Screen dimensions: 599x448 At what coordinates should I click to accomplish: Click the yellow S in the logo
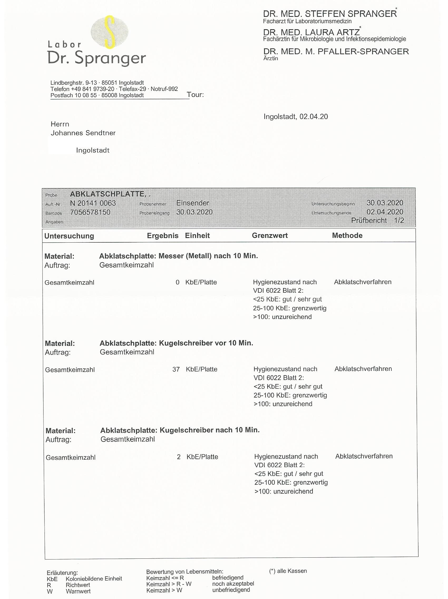tap(109, 32)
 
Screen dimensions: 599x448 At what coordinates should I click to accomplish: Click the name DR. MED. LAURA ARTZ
tap(311, 32)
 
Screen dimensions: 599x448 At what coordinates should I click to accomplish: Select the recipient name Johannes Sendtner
tap(83, 133)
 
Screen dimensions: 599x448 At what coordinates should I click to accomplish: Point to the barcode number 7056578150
tap(90, 212)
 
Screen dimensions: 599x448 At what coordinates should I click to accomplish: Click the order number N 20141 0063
tap(93, 203)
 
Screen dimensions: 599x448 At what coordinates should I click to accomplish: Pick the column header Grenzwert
tap(270, 235)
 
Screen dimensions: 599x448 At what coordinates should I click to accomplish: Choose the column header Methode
tap(347, 235)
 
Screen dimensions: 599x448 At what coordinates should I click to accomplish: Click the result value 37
tap(176, 369)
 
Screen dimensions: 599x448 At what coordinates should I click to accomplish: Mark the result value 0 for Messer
tap(177, 282)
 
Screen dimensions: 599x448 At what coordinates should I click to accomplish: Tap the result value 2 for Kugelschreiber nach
tap(178, 457)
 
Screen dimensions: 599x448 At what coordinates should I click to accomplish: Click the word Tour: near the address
tap(195, 95)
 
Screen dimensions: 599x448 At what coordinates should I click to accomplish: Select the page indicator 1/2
tap(399, 220)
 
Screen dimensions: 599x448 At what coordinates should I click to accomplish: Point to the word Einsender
tap(193, 203)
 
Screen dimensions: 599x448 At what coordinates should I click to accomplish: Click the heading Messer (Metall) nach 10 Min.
tap(208, 256)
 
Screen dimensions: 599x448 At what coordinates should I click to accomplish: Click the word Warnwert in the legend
tap(78, 591)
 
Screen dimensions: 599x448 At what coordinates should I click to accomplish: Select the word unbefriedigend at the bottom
tap(231, 590)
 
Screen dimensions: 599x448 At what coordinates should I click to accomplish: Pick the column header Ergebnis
tap(163, 235)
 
